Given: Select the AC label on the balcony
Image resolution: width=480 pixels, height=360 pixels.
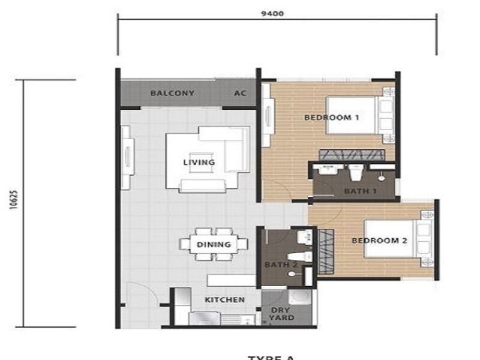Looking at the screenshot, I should click(x=240, y=93).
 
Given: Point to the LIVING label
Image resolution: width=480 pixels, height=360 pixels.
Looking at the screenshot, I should click(x=199, y=163).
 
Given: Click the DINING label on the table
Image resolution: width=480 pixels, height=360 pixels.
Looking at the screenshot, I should click(x=214, y=244).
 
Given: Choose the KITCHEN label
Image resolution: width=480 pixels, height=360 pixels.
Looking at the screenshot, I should click(x=225, y=299).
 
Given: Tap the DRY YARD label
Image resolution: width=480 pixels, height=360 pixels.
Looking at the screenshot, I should click(x=282, y=314).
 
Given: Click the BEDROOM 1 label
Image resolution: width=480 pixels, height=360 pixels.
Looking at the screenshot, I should click(x=331, y=118).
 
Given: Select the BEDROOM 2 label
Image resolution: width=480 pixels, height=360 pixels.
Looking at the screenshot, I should click(x=379, y=241).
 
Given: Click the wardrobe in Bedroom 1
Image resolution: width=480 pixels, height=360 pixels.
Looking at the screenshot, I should click(x=352, y=155).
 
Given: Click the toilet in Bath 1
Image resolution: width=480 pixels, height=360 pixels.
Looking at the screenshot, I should click(x=354, y=173).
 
